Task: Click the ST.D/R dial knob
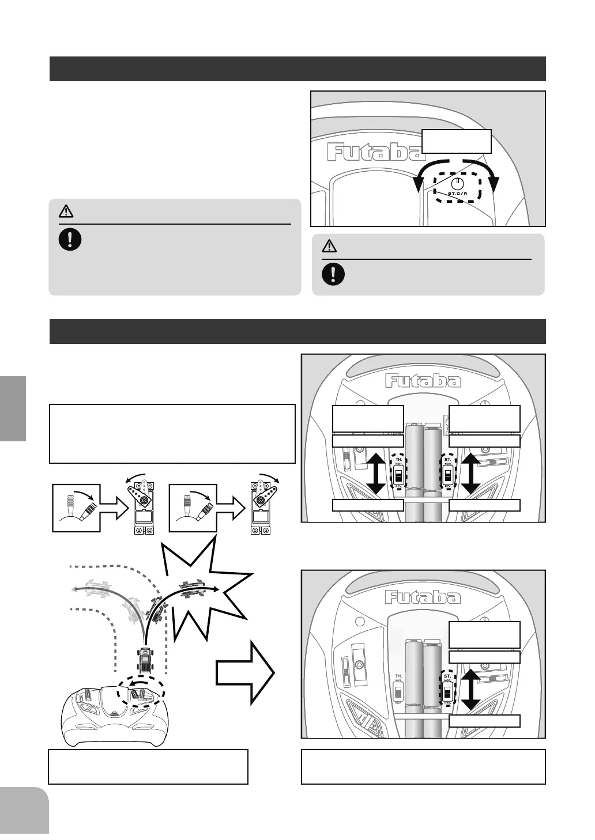point(457,183)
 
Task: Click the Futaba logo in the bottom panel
point(423,597)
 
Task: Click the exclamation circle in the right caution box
point(333,274)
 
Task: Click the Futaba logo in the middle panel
point(423,381)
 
